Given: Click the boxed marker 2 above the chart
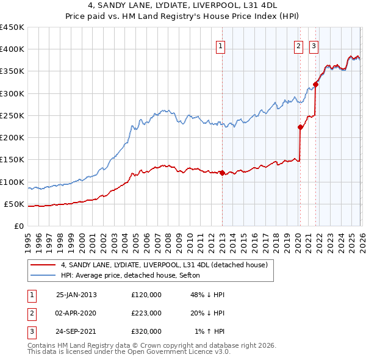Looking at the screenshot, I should (298, 45).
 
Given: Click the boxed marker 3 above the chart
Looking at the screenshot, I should (314, 45).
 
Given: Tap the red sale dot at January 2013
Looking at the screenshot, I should (222, 173).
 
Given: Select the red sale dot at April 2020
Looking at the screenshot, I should (300, 128).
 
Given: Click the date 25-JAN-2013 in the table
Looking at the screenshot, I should (76, 295).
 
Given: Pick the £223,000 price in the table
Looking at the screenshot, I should (146, 313).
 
